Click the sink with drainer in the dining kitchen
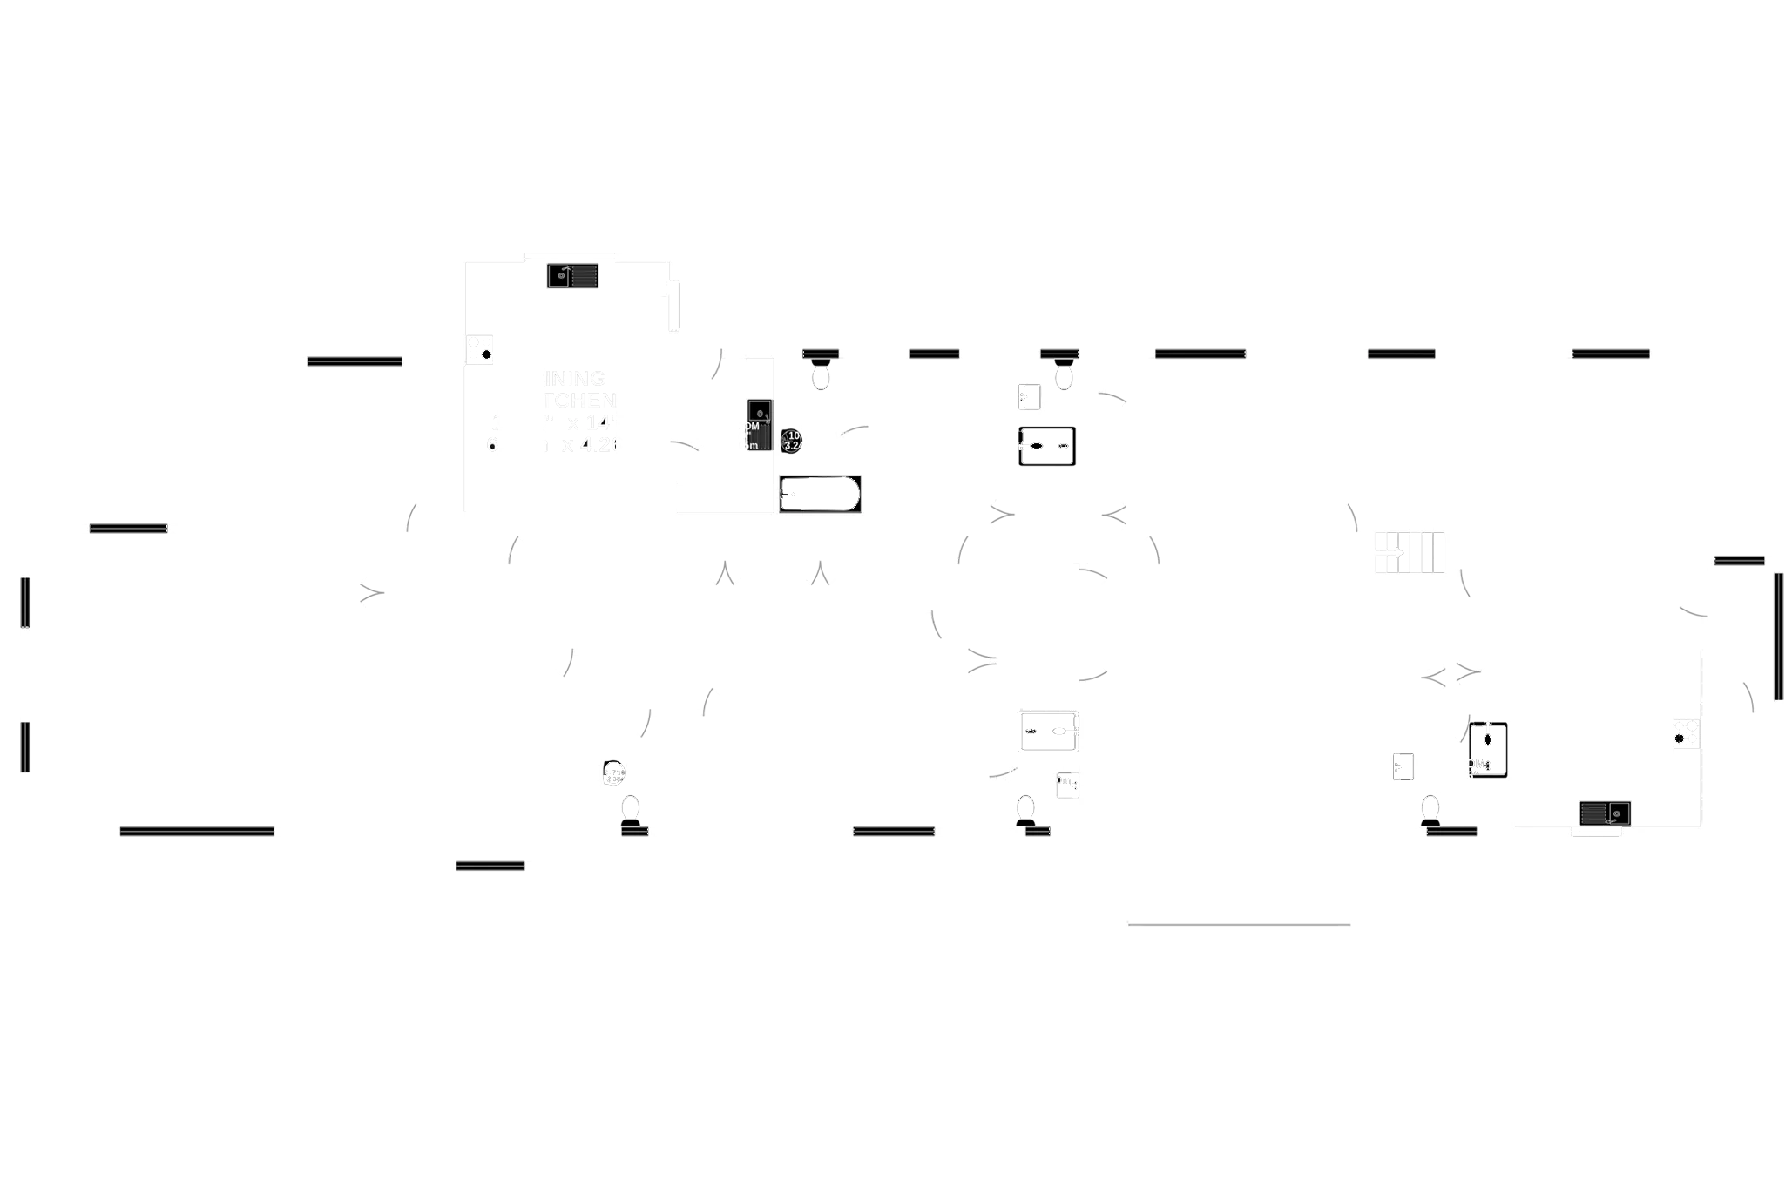coord(571,276)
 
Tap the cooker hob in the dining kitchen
coord(480,352)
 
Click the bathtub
coord(820,494)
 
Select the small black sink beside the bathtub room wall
coord(759,424)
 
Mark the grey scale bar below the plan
coord(1239,922)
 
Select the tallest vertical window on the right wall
coord(1782,637)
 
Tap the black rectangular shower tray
coord(1488,750)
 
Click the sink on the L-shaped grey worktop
coord(1604,813)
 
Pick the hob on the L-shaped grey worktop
coord(1685,734)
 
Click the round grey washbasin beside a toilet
coord(614,772)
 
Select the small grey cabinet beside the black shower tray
coord(1403,766)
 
